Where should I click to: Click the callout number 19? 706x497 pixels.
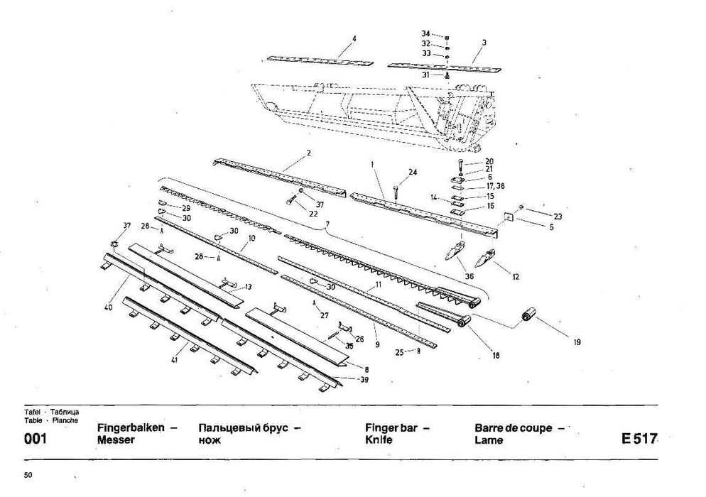(x=577, y=342)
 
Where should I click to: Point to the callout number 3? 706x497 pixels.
(x=484, y=43)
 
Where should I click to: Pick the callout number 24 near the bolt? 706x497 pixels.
(x=413, y=172)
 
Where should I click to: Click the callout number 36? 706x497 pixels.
(x=468, y=276)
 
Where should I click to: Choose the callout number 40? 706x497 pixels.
(x=109, y=308)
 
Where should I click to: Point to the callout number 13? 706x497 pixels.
(x=248, y=287)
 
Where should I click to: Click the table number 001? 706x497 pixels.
(x=36, y=439)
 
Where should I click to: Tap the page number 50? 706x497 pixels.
(x=28, y=474)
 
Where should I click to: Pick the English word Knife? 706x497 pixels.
(x=379, y=440)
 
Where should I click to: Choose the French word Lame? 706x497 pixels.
(x=489, y=440)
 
